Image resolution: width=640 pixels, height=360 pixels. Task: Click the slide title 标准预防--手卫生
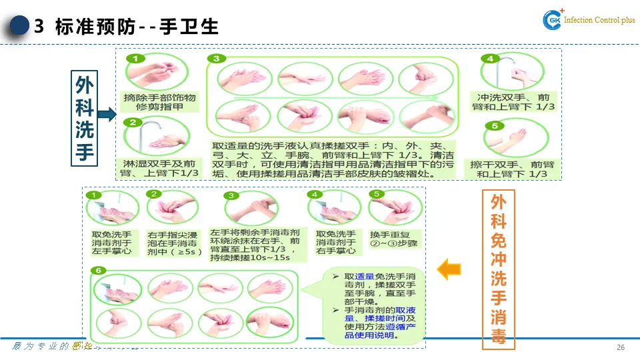tap(137, 27)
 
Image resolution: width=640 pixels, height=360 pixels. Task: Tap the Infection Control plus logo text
tap(599, 21)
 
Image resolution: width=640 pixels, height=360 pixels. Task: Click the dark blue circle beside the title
tap(19, 26)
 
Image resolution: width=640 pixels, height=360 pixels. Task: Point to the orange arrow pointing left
tap(449, 269)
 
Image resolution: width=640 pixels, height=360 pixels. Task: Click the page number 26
tap(621, 348)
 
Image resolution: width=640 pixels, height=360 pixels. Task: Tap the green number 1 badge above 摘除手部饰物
tap(135, 59)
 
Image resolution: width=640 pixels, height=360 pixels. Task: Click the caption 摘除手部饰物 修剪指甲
tap(152, 102)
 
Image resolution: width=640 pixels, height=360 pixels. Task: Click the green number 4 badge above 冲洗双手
tap(491, 59)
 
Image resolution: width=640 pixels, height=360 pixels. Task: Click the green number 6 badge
tap(99, 270)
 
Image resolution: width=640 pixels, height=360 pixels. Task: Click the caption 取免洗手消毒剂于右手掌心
tap(335, 243)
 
